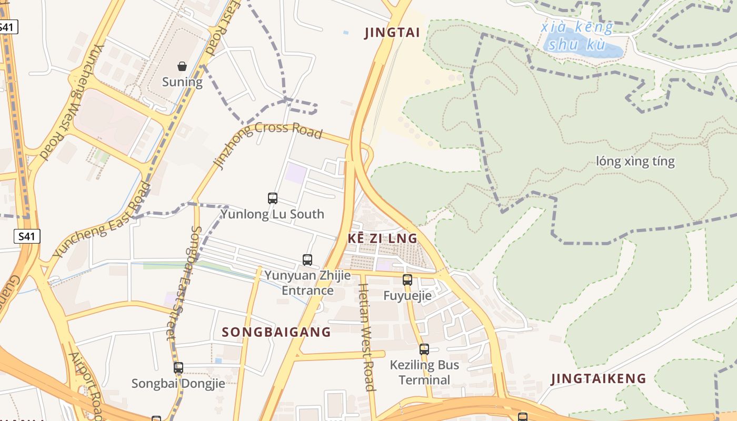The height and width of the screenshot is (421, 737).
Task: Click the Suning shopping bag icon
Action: (x=182, y=66)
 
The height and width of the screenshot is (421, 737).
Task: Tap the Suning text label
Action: (x=182, y=82)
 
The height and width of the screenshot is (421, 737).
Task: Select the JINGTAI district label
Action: (x=392, y=33)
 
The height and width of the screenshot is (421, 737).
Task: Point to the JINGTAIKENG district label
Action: (x=599, y=378)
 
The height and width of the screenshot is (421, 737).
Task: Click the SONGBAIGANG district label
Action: (x=276, y=332)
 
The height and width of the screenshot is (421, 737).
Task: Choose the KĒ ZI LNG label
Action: (x=383, y=238)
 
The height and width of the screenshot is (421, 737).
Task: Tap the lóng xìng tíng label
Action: (x=635, y=161)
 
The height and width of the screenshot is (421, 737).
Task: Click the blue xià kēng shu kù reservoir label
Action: (x=577, y=36)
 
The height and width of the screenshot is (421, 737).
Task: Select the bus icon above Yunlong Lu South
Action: (x=273, y=198)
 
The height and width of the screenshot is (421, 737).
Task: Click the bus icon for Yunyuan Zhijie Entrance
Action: (x=307, y=259)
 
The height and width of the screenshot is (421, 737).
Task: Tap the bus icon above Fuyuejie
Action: (x=407, y=280)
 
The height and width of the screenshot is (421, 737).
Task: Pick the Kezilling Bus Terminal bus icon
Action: (x=424, y=349)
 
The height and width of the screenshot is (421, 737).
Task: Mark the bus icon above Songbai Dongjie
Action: (x=178, y=368)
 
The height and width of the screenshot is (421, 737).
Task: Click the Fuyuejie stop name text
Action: (x=407, y=296)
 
